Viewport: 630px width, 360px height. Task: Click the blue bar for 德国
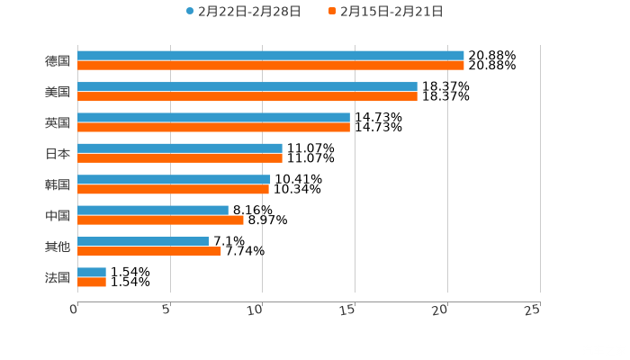pos(270,56)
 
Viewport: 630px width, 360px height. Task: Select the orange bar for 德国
pos(270,66)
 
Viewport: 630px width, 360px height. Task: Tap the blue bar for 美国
pos(247,86)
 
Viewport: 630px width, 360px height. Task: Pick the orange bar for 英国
pos(213,127)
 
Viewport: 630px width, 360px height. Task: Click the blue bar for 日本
pos(180,148)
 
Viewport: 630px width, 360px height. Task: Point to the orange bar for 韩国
pos(173,189)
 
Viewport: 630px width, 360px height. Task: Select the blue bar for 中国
pos(153,210)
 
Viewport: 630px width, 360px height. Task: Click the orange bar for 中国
pos(160,220)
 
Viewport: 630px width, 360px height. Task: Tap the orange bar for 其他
pos(149,251)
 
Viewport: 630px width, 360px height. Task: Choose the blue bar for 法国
pos(92,272)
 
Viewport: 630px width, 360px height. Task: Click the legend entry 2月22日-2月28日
pos(243,12)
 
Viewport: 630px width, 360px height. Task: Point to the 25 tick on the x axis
pos(532,310)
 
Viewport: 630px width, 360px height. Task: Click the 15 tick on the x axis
pos(347,310)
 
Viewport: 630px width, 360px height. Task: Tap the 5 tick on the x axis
pos(166,310)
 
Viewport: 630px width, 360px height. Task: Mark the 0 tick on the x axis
pos(74,310)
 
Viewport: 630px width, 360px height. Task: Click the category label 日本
pos(58,153)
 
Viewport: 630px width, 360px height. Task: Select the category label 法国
pos(58,277)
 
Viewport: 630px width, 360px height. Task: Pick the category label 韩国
pos(58,184)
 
